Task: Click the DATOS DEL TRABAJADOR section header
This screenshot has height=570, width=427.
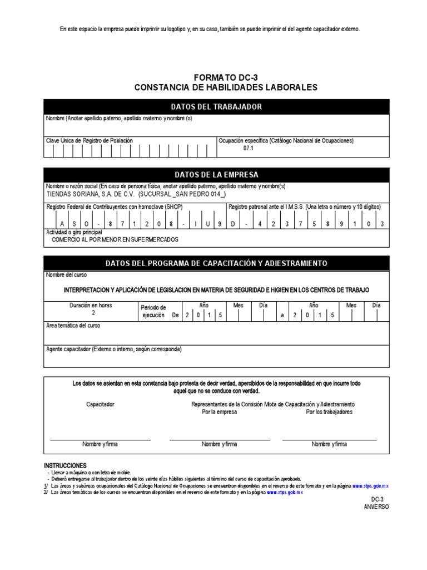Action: click(x=217, y=107)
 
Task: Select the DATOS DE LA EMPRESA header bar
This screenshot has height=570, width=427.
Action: click(x=217, y=175)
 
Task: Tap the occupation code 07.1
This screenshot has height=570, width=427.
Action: click(x=249, y=149)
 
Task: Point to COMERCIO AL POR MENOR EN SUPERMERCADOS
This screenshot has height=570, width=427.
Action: click(x=115, y=239)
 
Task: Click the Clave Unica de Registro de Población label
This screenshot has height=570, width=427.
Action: click(x=89, y=141)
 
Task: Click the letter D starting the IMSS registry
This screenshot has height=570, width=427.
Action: click(x=233, y=223)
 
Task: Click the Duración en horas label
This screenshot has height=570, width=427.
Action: click(x=91, y=306)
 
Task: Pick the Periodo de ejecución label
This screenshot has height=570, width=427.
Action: click(x=154, y=311)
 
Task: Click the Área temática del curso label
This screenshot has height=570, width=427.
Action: click(x=73, y=326)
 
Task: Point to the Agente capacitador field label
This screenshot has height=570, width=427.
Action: click(x=113, y=349)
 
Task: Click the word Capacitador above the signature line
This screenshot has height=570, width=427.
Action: click(x=100, y=404)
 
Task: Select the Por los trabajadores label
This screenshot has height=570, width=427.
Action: click(x=329, y=412)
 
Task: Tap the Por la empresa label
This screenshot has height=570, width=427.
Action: click(x=219, y=412)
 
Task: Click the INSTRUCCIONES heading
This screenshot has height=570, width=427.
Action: click(x=65, y=465)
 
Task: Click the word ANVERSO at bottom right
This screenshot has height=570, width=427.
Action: click(x=376, y=507)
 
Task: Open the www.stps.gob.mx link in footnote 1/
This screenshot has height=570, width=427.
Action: click(x=370, y=486)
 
